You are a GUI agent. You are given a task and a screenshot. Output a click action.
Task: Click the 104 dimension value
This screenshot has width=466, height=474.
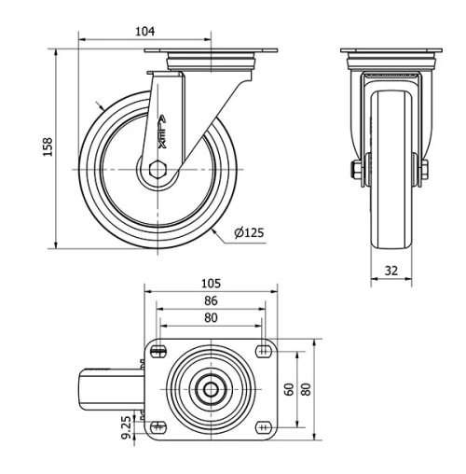coord(145,31)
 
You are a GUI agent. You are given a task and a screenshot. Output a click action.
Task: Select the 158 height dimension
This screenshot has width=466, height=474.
coord(48,146)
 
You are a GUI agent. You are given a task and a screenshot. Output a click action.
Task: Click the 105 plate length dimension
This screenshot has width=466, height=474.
coord(211,284)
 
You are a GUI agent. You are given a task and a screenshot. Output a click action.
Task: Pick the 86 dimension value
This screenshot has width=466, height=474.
coord(211,300)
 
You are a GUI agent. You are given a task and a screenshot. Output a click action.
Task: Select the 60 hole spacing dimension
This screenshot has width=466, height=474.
coord(289,389)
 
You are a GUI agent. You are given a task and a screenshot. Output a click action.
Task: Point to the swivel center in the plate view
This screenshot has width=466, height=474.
coord(211,389)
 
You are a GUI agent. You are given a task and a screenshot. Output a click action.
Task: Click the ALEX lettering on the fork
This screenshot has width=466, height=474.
coord(162,132)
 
